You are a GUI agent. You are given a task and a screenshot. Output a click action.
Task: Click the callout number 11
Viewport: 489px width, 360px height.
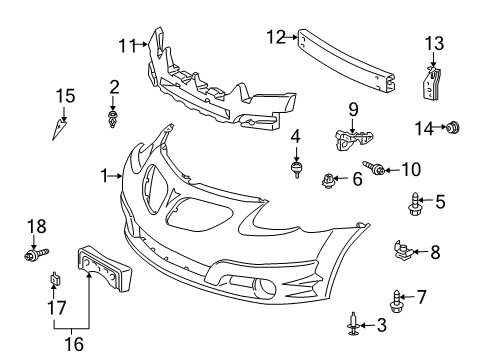pos(128,46)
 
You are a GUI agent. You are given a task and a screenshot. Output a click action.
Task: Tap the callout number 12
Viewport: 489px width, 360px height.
pos(276,37)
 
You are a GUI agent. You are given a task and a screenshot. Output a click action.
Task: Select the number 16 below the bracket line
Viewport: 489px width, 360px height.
pos(74,344)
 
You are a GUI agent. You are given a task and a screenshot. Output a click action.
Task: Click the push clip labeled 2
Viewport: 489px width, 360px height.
pos(113,119)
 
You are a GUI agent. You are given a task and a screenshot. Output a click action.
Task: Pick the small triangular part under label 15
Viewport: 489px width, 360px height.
pos(58,129)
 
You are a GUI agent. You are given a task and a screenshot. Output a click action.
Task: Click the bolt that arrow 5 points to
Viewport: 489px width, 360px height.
pos(414,204)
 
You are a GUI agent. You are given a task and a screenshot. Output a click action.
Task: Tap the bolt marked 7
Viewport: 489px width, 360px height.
pos(396,301)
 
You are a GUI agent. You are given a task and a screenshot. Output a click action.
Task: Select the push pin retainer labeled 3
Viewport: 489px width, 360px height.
pos(353,324)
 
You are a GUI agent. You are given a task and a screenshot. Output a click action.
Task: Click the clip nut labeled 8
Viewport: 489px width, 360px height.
pos(403,251)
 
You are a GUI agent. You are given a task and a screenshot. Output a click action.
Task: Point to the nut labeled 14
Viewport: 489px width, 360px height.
pos(453,127)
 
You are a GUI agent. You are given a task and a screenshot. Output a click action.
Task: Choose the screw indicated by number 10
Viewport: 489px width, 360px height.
pos(374,167)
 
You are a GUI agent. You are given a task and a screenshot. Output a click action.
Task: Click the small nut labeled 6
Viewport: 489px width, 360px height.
pos(328,180)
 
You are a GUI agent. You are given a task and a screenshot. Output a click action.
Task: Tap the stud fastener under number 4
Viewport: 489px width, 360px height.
pos(295,169)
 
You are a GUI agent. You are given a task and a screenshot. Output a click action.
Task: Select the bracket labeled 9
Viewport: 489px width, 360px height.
pos(353,140)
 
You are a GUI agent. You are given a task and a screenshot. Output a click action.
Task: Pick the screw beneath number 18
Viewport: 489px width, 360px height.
pos(36,254)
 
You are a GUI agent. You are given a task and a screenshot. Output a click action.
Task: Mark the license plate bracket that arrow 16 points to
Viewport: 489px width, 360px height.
pos(104,268)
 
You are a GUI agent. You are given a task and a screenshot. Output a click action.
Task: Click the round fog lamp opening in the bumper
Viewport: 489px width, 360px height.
pos(265,289)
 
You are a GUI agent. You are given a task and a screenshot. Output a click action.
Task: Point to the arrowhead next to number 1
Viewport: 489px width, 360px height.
pos(120,176)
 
